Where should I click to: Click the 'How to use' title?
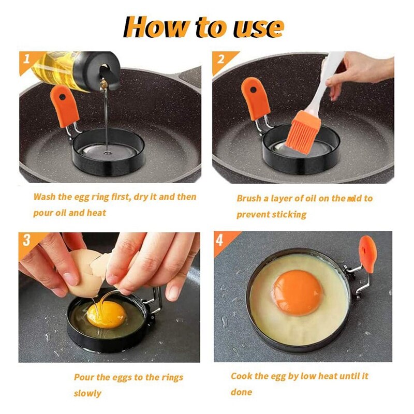(204, 27)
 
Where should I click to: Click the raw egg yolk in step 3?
(106, 315)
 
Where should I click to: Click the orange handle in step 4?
(368, 254)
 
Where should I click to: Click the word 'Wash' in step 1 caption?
(45, 197)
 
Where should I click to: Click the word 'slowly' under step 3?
(87, 393)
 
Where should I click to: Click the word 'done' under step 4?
(242, 392)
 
